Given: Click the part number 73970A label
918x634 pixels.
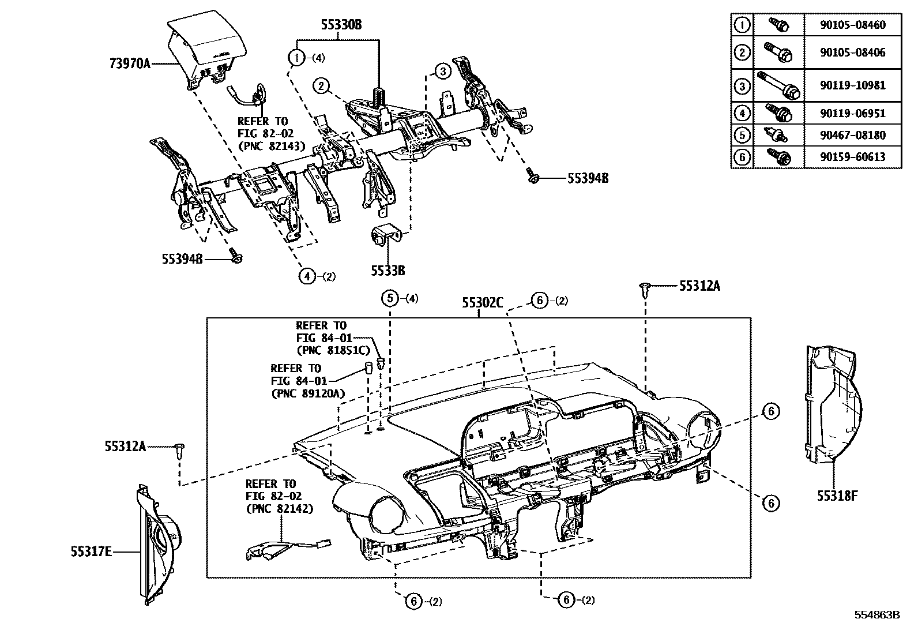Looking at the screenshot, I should click(x=130, y=63).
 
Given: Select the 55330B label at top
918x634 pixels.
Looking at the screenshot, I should click(x=341, y=25).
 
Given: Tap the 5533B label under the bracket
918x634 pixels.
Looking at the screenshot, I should click(x=387, y=270).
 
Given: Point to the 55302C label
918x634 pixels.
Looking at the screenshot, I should click(x=482, y=302).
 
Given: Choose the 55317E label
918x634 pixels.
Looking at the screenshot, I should click(x=91, y=552).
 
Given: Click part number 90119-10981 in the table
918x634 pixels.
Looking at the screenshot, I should click(x=852, y=85).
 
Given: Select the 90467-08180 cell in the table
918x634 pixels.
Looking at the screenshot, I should click(x=852, y=136).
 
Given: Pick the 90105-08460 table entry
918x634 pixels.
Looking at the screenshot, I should click(x=852, y=25).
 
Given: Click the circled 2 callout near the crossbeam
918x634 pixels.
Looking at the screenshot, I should click(x=321, y=87).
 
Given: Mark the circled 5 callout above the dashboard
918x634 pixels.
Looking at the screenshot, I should click(x=390, y=298).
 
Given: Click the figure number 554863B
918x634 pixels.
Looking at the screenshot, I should click(x=876, y=615).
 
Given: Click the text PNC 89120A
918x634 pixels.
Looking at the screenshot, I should click(x=307, y=393).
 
